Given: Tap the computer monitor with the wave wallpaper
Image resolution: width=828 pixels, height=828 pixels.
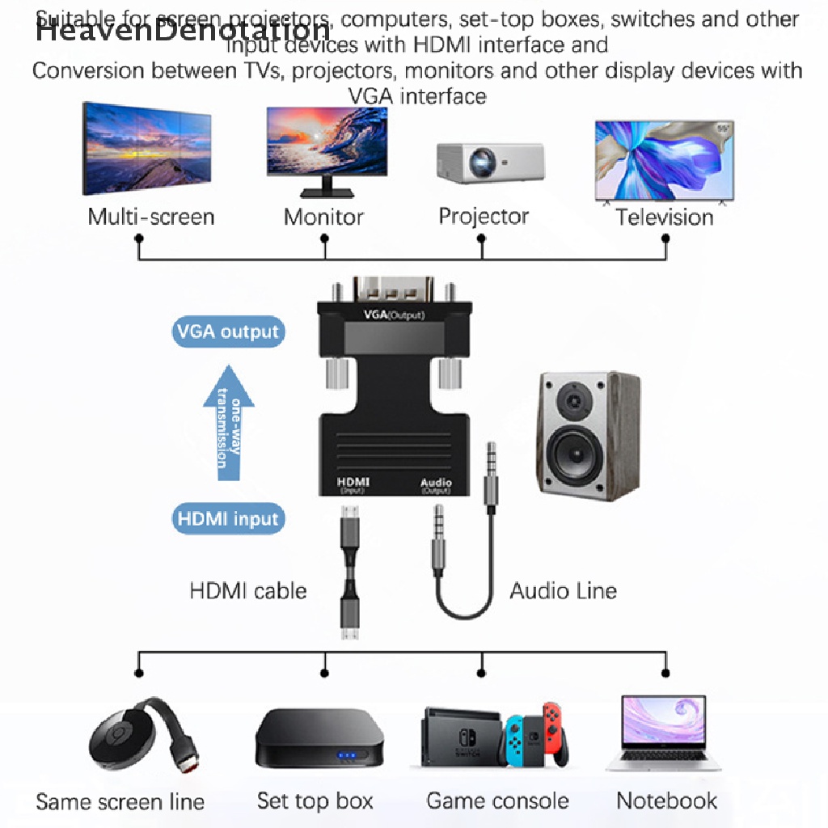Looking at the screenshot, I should tap(327, 150).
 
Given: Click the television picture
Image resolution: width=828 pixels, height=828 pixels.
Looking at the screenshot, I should tap(664, 161).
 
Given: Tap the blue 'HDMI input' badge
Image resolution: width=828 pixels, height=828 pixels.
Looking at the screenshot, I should tap(229, 518).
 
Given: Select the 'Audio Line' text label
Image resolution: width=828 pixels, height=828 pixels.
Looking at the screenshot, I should tap(563, 591).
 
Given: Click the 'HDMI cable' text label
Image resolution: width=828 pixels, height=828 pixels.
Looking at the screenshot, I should tap(248, 591).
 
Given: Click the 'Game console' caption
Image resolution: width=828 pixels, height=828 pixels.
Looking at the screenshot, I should tap(497, 801).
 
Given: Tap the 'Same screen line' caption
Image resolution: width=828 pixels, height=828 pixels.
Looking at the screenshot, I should tap(120, 802).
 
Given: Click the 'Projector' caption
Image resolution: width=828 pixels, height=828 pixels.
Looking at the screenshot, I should tap(484, 217).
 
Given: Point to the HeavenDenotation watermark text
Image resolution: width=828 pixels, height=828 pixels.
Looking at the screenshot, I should tap(183, 31).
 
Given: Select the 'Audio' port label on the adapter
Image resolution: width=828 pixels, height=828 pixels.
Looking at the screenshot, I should tap(436, 483).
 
